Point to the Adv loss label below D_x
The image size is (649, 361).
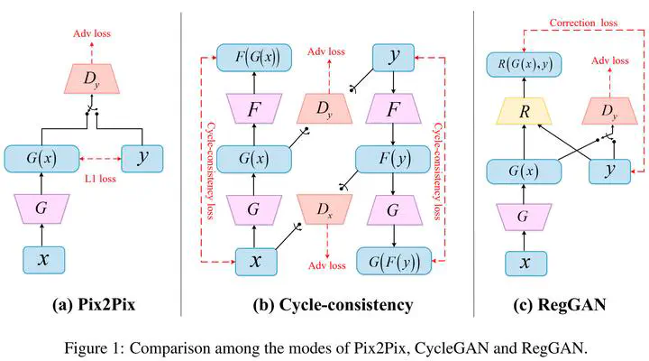click(x=325, y=266)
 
